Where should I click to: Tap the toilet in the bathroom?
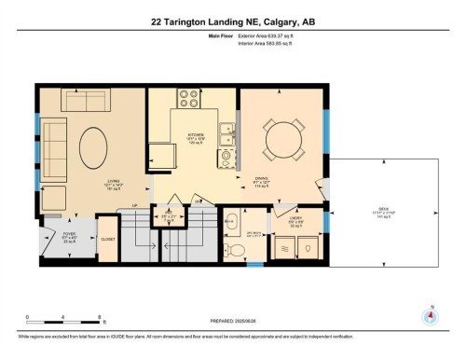point(236,249)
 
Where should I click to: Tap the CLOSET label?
point(108,239)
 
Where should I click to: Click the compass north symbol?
point(430,314)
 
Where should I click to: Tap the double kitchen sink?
point(226,139)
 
